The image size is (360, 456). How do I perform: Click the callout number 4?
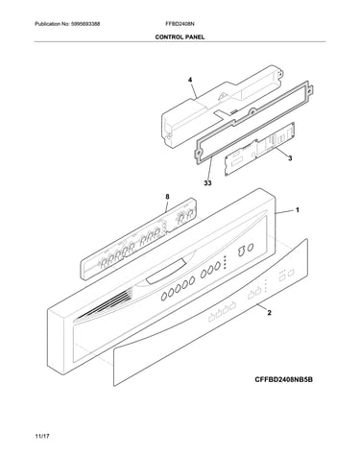(190, 80)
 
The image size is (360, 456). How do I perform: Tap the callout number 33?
(207, 183)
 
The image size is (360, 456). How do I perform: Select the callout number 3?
(290, 158)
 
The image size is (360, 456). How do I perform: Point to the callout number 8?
(167, 197)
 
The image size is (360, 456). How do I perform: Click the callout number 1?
(298, 210)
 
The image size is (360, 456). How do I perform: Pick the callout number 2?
(269, 312)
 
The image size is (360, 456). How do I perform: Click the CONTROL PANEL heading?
(180, 37)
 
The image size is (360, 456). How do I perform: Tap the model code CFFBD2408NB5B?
(284, 379)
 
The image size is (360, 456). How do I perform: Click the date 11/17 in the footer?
(42, 436)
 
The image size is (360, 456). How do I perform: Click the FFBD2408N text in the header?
(180, 24)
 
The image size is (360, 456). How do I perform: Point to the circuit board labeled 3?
(259, 149)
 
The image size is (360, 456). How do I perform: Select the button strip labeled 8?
(137, 239)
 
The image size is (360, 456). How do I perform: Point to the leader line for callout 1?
(284, 211)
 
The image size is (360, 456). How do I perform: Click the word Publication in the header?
(47, 24)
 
